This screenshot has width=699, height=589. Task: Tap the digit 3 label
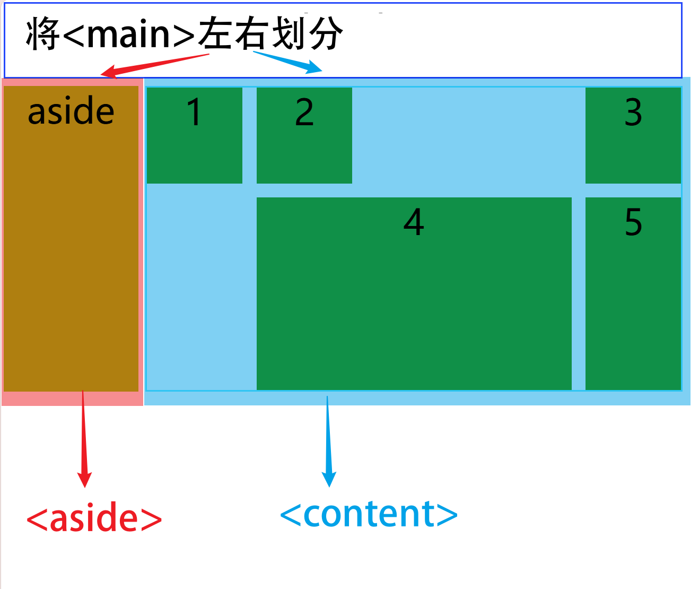(x=633, y=112)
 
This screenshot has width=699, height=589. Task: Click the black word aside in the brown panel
(x=71, y=111)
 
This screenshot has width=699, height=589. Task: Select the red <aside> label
(x=94, y=518)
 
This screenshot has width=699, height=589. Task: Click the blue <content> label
(x=368, y=514)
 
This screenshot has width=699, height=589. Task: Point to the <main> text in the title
(x=129, y=34)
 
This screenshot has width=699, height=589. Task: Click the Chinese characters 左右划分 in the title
(x=270, y=34)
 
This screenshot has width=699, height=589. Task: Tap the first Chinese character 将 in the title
(x=43, y=34)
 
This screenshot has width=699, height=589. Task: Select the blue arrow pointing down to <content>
(x=328, y=440)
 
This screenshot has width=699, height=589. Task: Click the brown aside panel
(x=71, y=255)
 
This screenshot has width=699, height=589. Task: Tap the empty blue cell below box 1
(x=200, y=287)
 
